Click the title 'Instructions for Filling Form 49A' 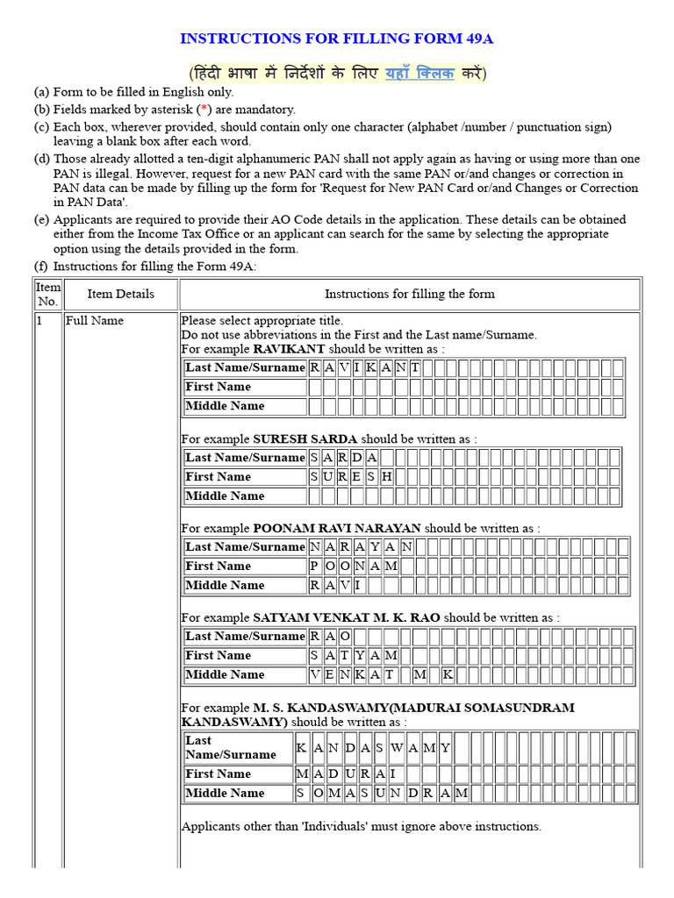tap(342, 39)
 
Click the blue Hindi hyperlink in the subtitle tap(419, 73)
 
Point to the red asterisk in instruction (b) tap(204, 110)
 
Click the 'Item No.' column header tap(47, 294)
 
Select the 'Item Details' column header tap(120, 294)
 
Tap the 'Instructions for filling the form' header tap(409, 294)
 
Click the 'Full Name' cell tap(94, 321)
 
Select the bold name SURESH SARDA tap(305, 438)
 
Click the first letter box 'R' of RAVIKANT tap(314, 367)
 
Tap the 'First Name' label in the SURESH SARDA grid tap(218, 477)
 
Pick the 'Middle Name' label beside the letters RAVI tap(225, 586)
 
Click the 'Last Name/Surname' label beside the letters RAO tap(245, 636)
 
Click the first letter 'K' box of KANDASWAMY tap(301, 748)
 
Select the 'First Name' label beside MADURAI tap(218, 774)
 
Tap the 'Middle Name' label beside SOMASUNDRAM tap(225, 794)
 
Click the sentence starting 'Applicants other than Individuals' tap(361, 826)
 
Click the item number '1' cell tap(39, 321)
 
